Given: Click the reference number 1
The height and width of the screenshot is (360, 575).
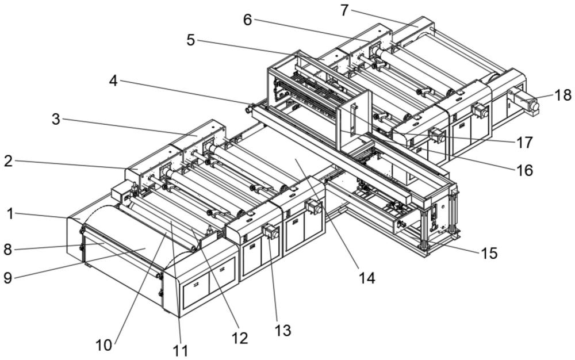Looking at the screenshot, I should point(10,213).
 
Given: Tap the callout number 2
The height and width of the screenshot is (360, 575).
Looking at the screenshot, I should point(7,161).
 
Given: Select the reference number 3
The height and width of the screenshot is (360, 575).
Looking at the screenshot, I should point(55,119).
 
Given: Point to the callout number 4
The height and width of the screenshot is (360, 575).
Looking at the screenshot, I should point(113,81).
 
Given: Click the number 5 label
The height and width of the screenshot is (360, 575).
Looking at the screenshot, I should point(190,40).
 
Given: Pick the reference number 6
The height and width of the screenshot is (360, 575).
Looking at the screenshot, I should point(247,20).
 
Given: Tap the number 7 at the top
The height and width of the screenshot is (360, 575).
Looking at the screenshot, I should point(344,10).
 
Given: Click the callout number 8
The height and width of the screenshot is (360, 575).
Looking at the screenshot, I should point(7,249).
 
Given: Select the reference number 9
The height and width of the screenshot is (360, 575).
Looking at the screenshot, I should point(7,278).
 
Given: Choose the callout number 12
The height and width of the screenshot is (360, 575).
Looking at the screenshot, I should point(241,338).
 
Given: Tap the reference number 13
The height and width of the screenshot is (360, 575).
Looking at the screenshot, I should point(282,330).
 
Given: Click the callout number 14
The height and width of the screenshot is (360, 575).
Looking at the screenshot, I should point(366,278).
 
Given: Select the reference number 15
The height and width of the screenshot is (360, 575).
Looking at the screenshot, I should point(489,253).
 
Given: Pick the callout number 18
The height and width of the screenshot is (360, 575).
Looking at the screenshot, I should point(563,95).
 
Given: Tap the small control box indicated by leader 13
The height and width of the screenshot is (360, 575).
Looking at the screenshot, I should point(270,232).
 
